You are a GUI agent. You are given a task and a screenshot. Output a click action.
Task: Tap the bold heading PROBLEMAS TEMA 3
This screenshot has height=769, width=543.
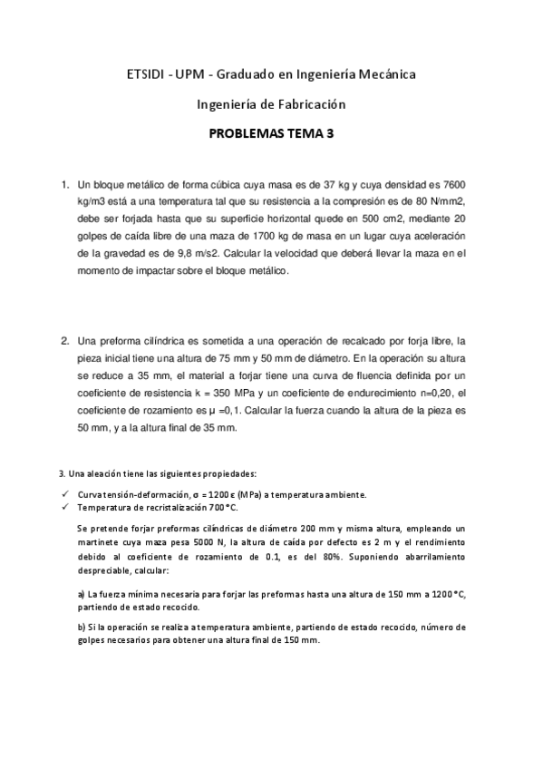pos(271,133)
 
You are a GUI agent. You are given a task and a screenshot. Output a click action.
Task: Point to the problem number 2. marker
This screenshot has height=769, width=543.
pos(65,341)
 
